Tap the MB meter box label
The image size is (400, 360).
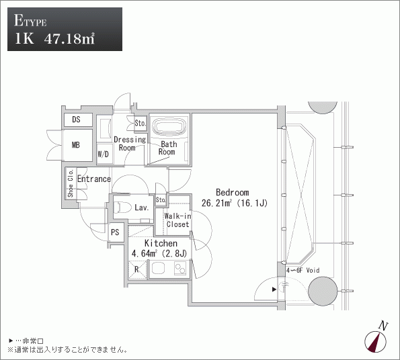click(x=76, y=145)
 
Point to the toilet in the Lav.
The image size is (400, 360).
click(x=122, y=207)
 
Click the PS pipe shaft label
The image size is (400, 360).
click(x=115, y=232)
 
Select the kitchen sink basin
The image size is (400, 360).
click(x=159, y=268)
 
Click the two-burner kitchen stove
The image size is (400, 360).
click(x=180, y=269)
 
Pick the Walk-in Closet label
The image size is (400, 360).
click(x=177, y=220)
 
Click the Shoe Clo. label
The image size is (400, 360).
click(x=71, y=183)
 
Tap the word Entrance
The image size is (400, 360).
click(x=94, y=179)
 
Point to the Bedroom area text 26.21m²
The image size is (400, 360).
click(x=216, y=203)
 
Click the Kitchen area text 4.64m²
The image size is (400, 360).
click(x=145, y=253)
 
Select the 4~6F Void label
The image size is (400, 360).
click(x=303, y=270)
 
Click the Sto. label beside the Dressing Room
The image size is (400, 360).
click(x=141, y=124)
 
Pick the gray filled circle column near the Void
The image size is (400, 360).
click(x=323, y=291)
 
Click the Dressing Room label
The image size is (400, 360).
click(x=130, y=144)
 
